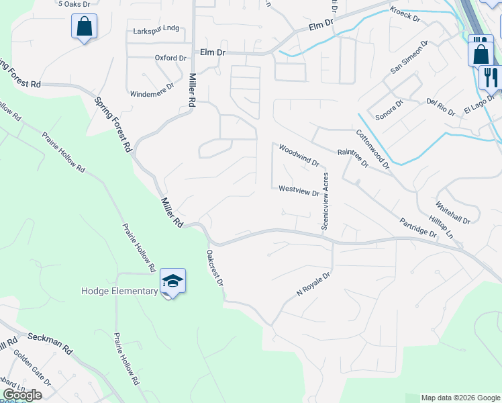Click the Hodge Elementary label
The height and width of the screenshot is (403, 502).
(119, 291)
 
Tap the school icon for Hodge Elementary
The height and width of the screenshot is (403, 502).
(172, 281)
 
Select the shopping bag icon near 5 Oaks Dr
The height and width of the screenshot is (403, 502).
(84, 27)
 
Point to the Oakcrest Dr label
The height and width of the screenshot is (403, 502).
(215, 269)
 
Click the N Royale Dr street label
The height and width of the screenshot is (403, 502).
(314, 285)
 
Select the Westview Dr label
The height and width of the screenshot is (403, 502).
(299, 191)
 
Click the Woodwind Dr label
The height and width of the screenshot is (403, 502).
(299, 155)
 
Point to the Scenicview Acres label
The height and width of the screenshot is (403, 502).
(325, 201)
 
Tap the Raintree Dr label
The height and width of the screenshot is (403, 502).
(353, 159)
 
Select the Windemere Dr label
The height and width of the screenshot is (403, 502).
(152, 85)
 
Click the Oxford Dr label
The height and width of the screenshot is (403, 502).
(170, 58)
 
